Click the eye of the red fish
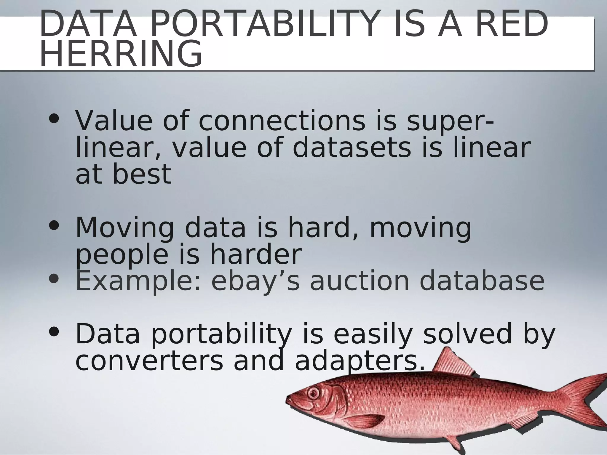coord(314,393)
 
